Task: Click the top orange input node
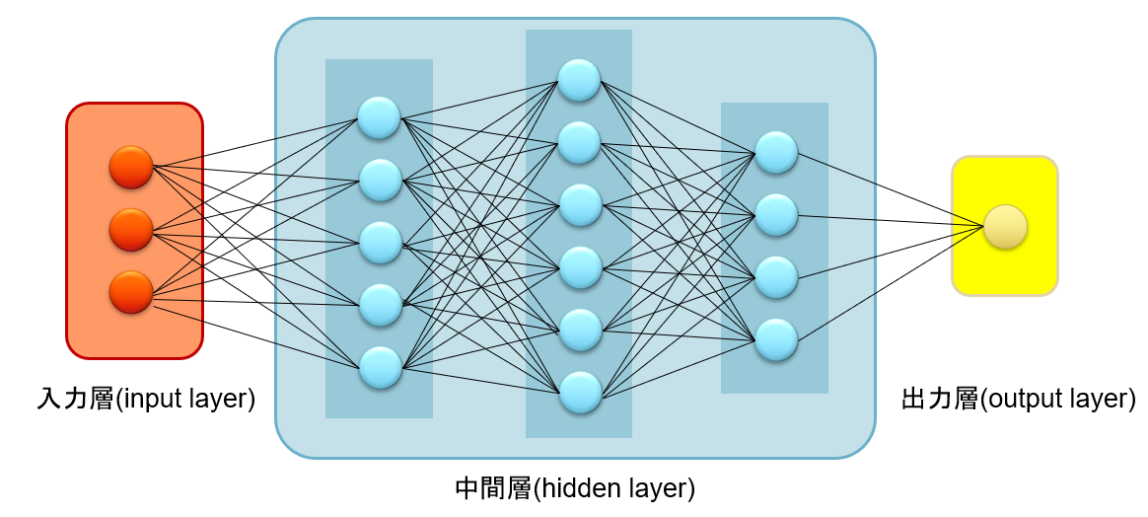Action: coord(131,167)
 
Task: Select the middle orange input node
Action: coord(131,229)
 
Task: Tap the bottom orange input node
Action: coord(131,292)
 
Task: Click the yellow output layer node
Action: coord(1005,226)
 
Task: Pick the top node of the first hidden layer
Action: coord(380,117)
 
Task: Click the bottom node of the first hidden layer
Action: coord(380,367)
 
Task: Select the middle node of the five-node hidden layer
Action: coord(380,242)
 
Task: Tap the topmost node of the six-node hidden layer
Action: coord(579,79)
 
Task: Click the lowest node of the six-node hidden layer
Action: coord(579,392)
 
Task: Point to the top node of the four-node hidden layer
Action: coord(776,151)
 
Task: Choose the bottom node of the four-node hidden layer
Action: coord(776,338)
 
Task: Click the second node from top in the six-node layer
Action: coord(579,142)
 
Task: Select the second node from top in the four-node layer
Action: coord(776,214)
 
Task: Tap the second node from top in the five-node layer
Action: coord(380,180)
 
